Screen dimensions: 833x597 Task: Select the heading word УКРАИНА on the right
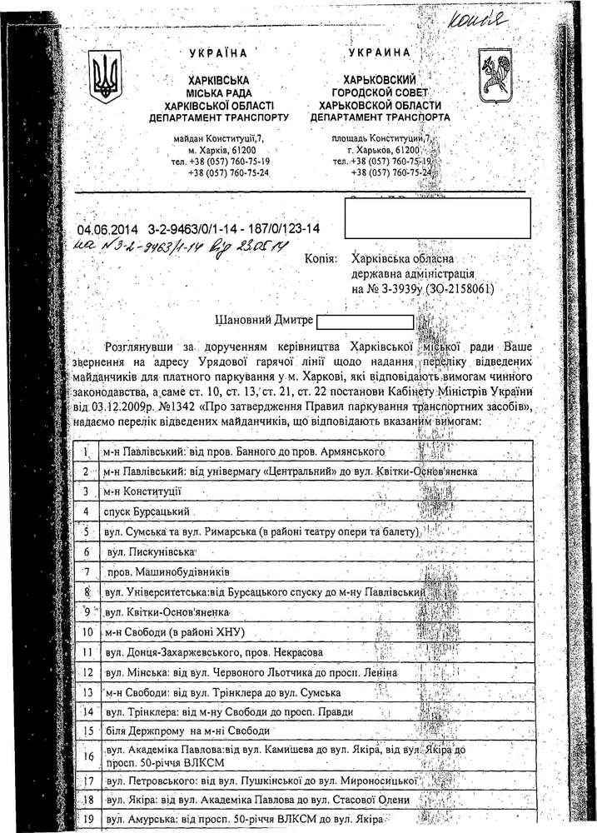click(x=379, y=52)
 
